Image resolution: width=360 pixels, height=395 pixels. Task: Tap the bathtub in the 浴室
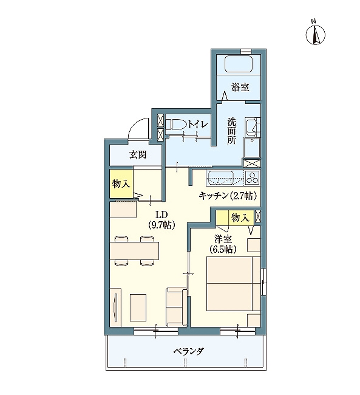(239, 64)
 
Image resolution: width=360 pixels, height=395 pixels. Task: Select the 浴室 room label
(240, 87)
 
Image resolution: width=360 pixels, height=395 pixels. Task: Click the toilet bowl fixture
(175, 125)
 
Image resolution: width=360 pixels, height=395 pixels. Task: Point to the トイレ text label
(198, 124)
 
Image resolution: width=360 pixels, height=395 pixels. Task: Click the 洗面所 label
(232, 131)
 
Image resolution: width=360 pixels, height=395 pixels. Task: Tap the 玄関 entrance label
(138, 154)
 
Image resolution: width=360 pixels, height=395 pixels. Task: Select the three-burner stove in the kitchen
(253, 177)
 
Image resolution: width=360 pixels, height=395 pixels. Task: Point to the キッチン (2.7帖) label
(228, 196)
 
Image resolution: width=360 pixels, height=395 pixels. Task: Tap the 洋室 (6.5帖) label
(223, 244)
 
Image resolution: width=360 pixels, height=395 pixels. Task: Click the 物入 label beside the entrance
(121, 184)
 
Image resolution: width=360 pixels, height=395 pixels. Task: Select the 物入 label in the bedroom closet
(240, 218)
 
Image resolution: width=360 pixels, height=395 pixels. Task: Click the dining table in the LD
(134, 250)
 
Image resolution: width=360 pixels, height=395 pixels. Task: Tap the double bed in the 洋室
(233, 284)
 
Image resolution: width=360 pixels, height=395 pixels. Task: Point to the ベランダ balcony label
(188, 351)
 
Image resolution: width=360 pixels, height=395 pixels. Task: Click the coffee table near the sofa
(138, 307)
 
